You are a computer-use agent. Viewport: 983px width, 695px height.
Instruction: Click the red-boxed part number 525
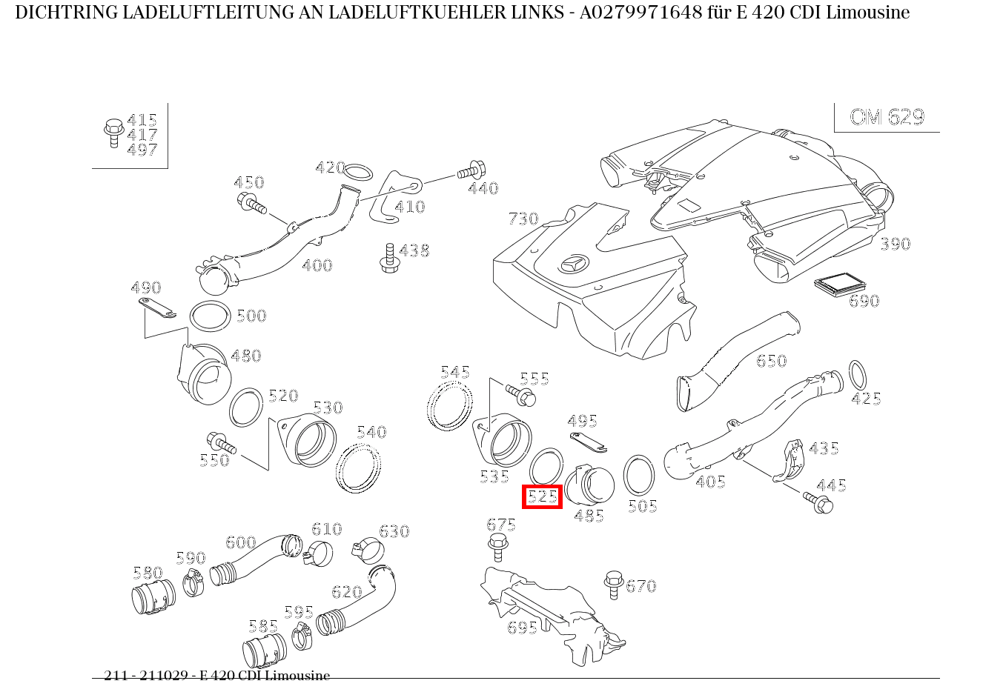point(543,496)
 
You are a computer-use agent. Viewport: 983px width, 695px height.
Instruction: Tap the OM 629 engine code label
point(887,117)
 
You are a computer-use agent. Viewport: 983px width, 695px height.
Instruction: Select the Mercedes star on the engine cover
point(575,265)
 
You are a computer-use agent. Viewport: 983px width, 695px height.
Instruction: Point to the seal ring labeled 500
point(210,316)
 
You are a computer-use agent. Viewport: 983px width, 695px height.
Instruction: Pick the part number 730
point(523,219)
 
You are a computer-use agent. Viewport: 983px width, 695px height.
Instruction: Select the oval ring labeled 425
point(856,375)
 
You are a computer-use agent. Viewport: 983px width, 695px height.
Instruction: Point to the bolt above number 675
point(498,547)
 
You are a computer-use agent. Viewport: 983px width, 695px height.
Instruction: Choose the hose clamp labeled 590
point(194,583)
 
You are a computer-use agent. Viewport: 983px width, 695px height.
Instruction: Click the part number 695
point(522,628)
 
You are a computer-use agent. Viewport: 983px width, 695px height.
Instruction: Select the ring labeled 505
point(638,475)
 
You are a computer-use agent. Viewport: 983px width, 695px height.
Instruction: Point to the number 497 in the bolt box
point(142,150)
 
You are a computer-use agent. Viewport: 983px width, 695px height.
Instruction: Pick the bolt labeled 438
point(388,256)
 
